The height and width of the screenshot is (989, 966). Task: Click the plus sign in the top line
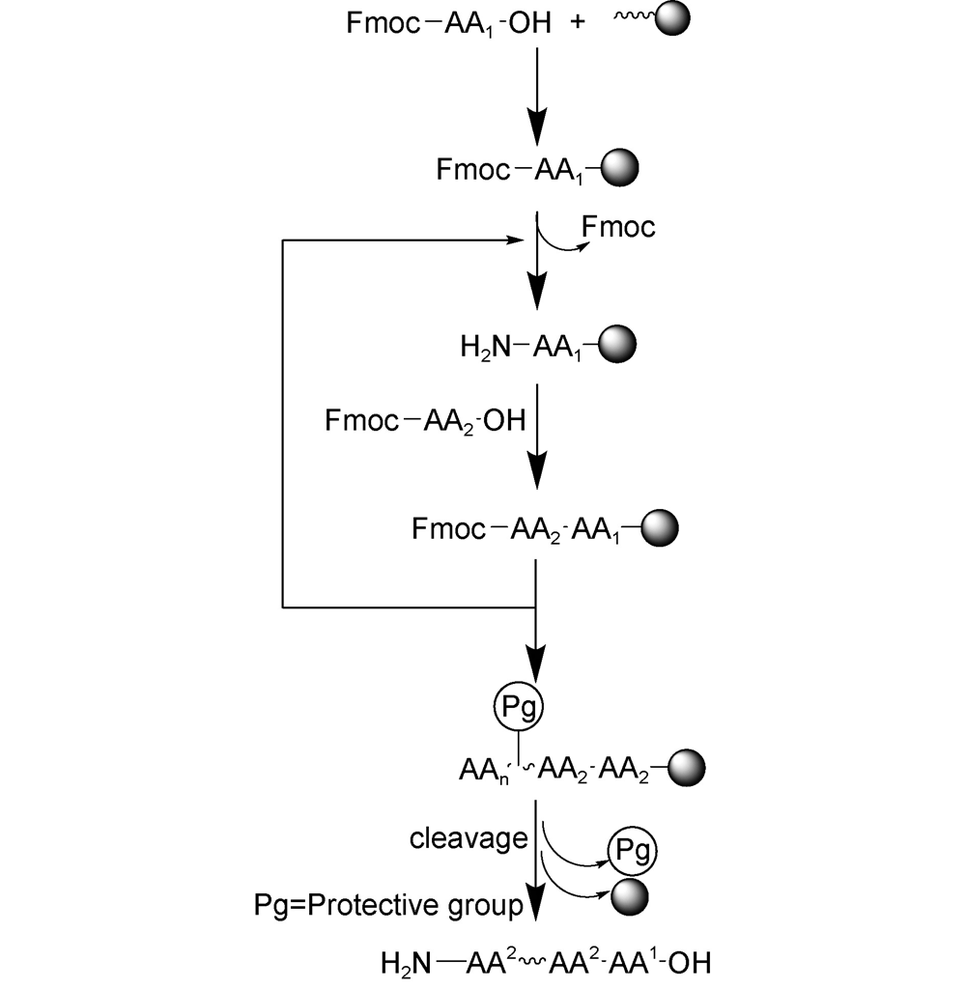pos(579,23)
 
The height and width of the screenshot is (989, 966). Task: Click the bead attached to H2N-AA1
pos(617,344)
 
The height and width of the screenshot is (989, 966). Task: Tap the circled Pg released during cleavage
pos(631,852)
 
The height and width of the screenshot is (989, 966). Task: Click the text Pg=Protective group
pos(384,906)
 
